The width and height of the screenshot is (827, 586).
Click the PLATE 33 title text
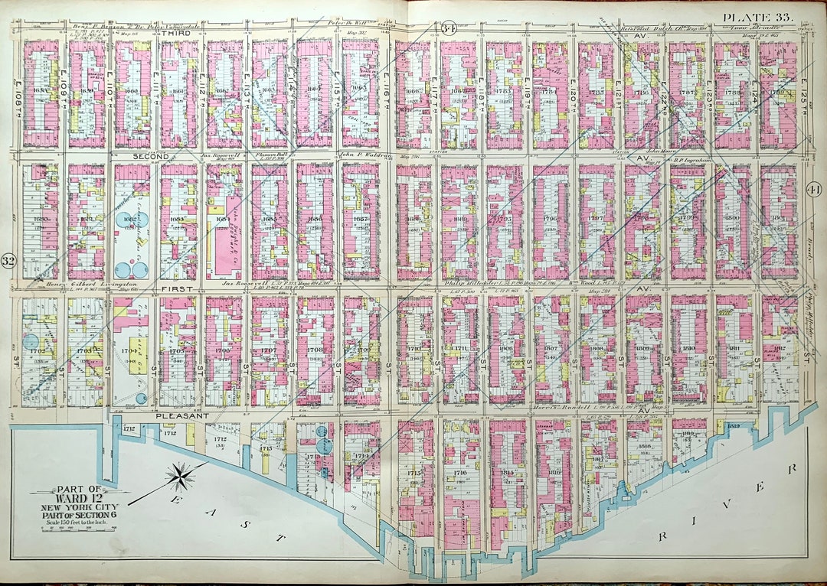tap(759, 16)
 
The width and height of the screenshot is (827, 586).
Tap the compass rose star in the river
tap(178, 477)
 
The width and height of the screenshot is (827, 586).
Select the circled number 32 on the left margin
tap(10, 260)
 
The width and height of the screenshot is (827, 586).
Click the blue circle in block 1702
tap(31, 344)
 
